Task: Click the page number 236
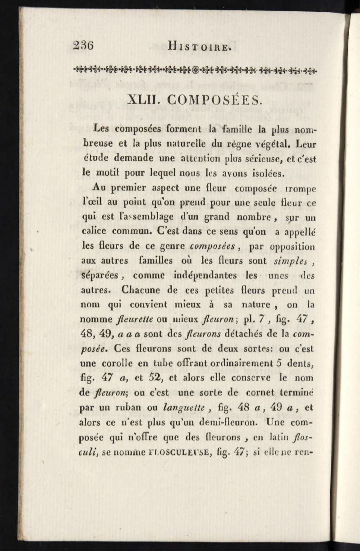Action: coord(86,46)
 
